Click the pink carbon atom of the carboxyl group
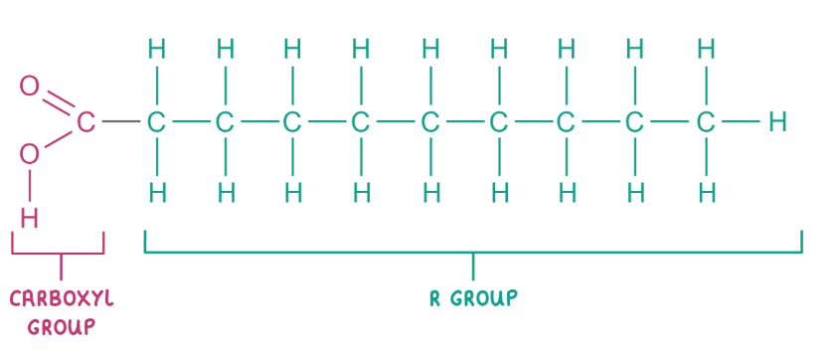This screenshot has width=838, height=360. pos(85,122)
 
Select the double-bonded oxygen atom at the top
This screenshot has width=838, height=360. pos(29,86)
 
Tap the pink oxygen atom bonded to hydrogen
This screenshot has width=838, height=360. pos(30,154)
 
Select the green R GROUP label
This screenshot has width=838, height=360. pos(472,298)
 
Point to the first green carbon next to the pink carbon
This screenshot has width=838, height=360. pos(156,122)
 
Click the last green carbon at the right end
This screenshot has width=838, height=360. pos(705,122)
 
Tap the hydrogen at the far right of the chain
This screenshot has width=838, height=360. pos(777,122)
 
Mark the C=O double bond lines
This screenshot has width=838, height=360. pos(58,102)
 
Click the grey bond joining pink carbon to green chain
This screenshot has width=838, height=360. pos(120,122)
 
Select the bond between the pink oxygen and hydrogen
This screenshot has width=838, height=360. pos(30,185)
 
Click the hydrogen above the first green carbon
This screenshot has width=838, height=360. pos(156,48)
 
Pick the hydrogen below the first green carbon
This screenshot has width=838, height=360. pos(156,191)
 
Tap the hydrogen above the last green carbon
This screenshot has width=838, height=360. pos(705,48)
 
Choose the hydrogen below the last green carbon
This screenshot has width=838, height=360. pos(705,191)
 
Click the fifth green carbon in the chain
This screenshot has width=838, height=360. pos(429,122)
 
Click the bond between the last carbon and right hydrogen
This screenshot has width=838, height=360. pos(741,122)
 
